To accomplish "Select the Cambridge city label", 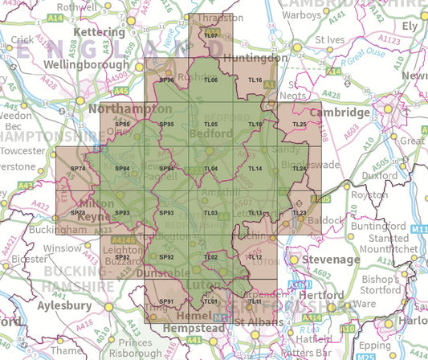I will pos(339,112).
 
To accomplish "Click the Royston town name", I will pos(369,194).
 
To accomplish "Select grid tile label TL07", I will pos(211,37).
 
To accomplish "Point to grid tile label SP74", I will pos(78,169).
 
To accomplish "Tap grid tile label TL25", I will pos(299,125).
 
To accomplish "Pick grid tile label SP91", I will pos(167,301).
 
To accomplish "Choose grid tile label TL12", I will pos(255,257).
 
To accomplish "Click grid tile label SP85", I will pos(123,125).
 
